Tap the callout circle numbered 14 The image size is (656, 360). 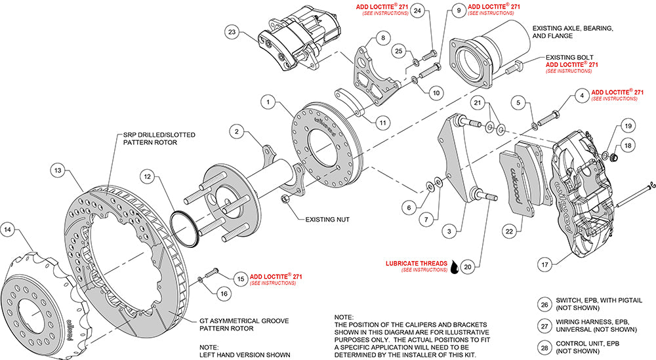click(8, 230)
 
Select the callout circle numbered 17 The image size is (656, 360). click(543, 266)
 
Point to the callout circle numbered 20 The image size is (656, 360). click(467, 267)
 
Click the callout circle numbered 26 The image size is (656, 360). click(544, 304)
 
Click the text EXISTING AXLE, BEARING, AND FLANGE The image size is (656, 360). click(573, 33)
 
